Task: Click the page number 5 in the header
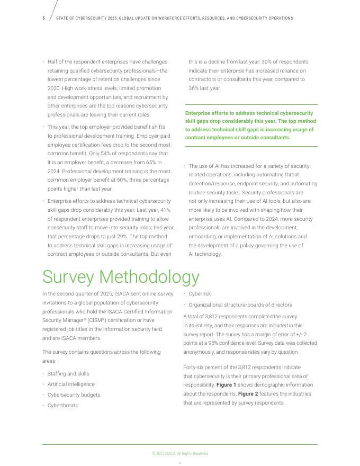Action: pyautogui.click(x=44, y=19)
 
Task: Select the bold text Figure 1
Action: pyautogui.click(x=226, y=385)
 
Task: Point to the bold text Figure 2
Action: pyautogui.click(x=248, y=394)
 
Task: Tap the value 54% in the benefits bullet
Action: pyautogui.click(x=106, y=154)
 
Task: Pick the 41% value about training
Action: pyautogui.click(x=165, y=210)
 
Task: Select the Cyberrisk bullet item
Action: pyautogui.click(x=200, y=294)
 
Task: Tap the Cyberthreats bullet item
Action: pyautogui.click(x=62, y=406)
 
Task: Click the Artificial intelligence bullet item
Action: pyautogui.click(x=71, y=384)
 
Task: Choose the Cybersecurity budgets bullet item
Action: pyautogui.click(x=74, y=395)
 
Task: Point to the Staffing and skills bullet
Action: pyautogui.click(x=68, y=374)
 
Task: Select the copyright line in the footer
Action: pyautogui.click(x=180, y=454)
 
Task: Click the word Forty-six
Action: pyautogui.click(x=195, y=368)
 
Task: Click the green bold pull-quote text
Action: pyautogui.click(x=249, y=126)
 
